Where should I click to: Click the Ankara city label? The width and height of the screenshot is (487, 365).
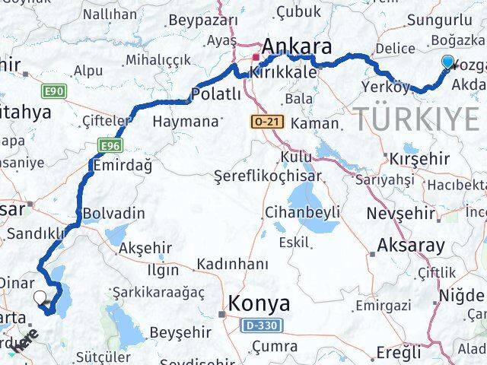click(296, 47)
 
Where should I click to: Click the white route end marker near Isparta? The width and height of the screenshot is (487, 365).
click(40, 297)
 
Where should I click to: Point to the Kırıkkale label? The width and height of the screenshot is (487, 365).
click(279, 73)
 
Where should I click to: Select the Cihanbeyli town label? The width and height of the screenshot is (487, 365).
click(302, 211)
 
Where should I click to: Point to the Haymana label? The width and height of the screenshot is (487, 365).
click(185, 121)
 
